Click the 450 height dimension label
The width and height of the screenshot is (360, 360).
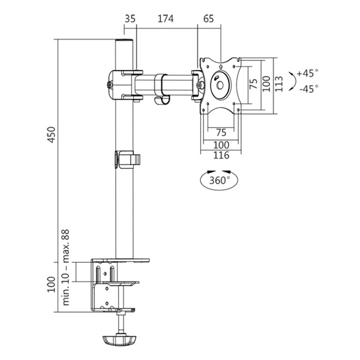[52, 134]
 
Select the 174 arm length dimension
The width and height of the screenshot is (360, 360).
[166, 19]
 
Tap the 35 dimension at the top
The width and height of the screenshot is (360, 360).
[130, 19]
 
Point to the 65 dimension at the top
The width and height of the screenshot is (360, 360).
[208, 19]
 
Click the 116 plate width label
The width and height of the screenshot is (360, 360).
[221, 155]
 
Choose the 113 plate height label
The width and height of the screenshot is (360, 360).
[279, 84]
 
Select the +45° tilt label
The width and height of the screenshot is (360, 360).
[308, 73]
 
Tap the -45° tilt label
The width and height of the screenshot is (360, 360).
[309, 89]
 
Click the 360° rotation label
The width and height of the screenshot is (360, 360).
[220, 180]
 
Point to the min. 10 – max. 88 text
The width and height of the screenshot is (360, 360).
[66, 267]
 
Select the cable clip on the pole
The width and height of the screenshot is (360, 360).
[128, 160]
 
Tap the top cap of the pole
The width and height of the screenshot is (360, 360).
[124, 41]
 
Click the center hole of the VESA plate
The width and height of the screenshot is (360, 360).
[220, 85]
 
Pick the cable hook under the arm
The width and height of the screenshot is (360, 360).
[161, 101]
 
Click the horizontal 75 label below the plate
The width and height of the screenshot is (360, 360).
[221, 133]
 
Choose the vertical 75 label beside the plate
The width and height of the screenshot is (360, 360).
[253, 84]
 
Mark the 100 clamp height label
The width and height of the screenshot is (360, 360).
[52, 284]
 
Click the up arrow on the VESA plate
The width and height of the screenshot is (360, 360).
[221, 67]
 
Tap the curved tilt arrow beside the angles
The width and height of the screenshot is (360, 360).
[293, 81]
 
